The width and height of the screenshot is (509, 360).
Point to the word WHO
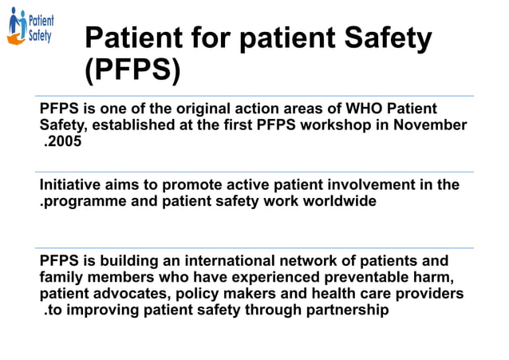(346, 109)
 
